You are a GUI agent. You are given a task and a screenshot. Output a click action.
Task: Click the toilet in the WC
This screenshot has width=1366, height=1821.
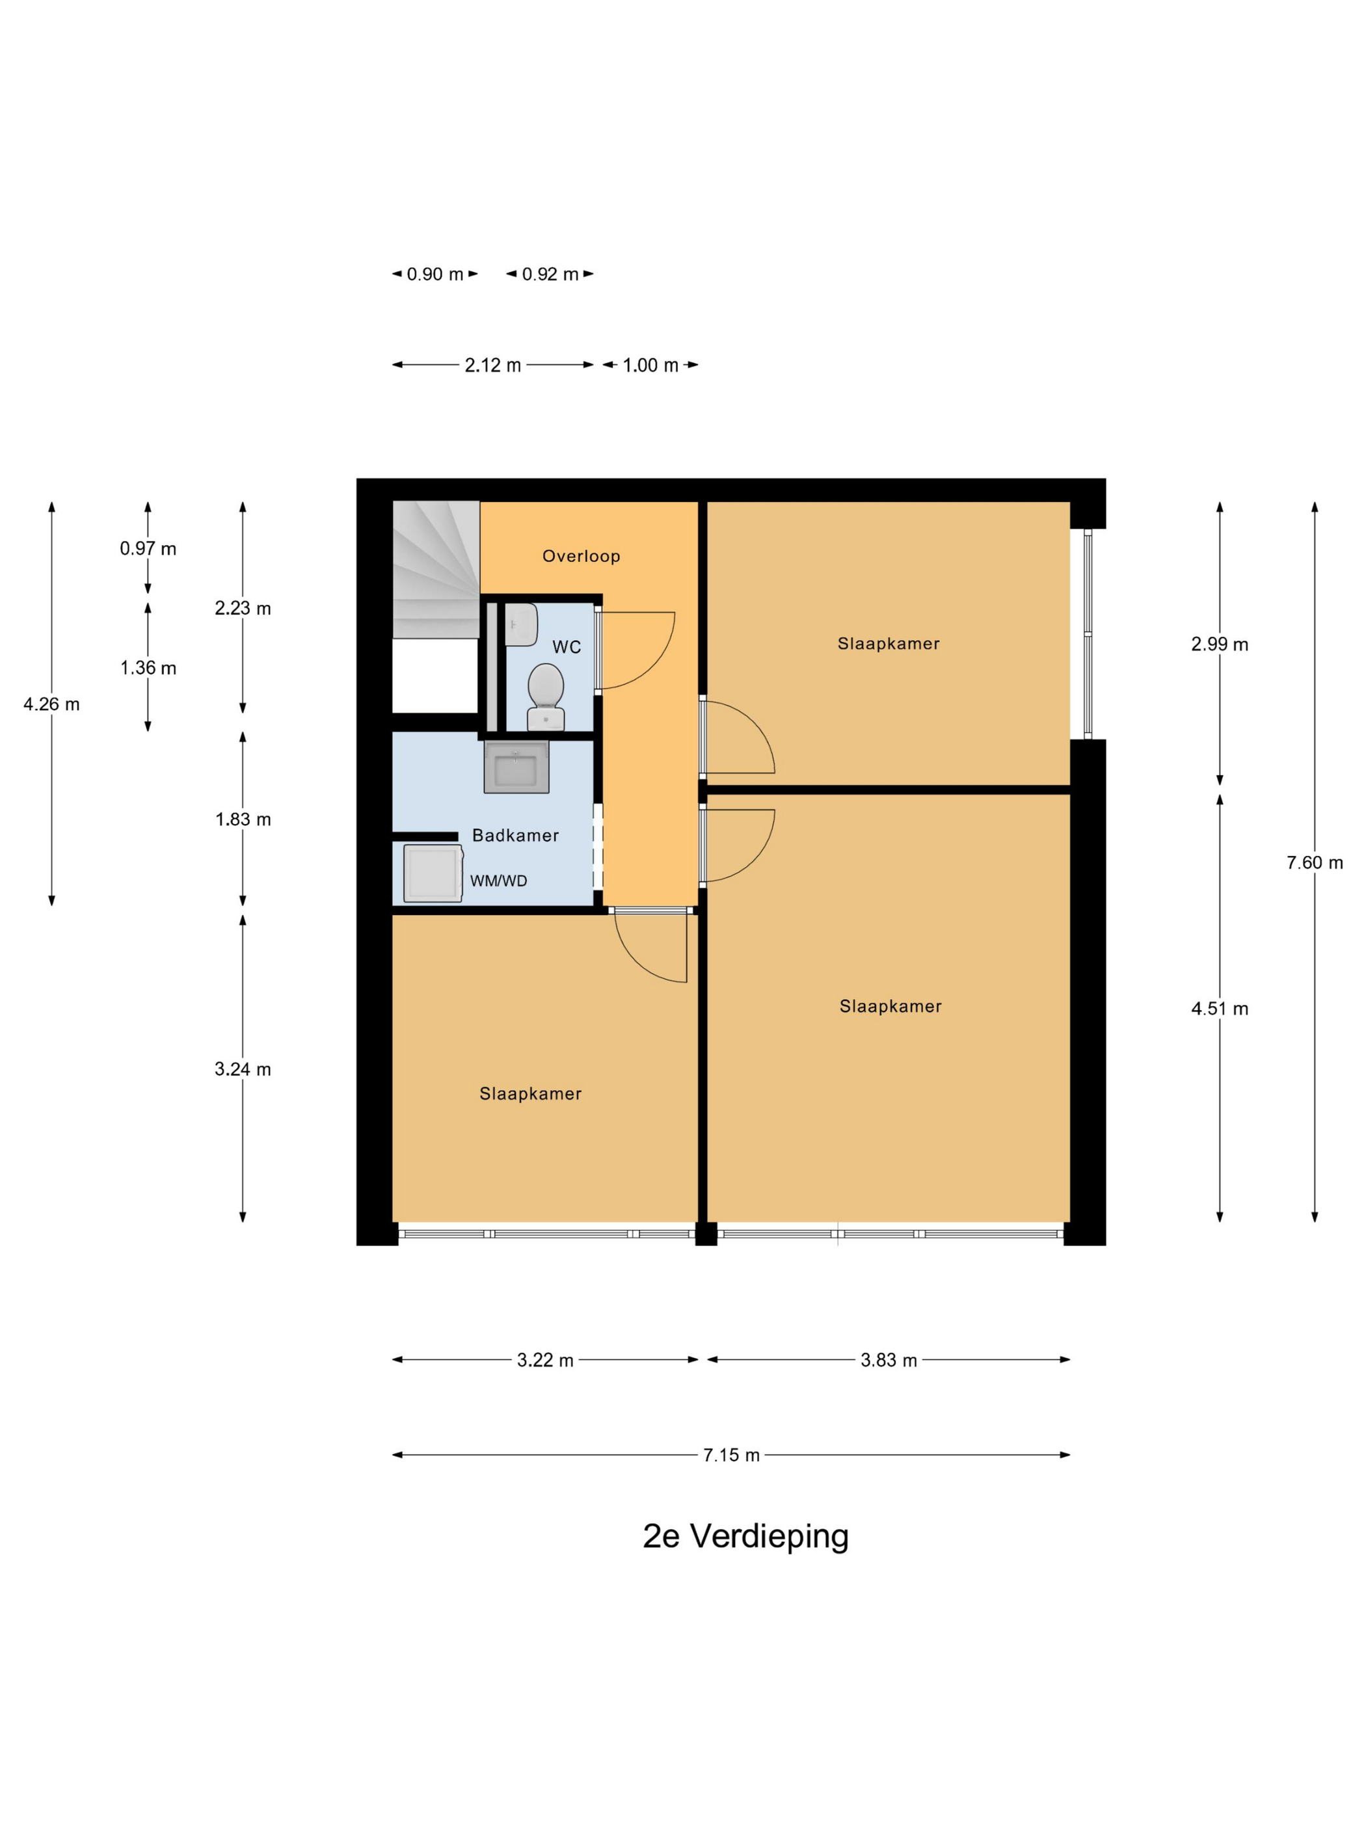coord(545,697)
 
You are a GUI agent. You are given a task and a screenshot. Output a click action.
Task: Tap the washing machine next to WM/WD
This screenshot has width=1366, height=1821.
coord(433,873)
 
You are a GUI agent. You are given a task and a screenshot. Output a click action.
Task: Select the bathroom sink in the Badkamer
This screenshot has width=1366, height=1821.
coord(516,766)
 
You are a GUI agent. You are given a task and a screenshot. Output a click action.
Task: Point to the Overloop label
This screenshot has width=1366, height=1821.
coord(580,555)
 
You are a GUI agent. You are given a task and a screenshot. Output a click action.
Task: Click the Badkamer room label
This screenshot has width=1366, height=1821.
coord(515,835)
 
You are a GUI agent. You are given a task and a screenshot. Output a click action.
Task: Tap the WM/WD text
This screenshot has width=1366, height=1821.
coord(498,881)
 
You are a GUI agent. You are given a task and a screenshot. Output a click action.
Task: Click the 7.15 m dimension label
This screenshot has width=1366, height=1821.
coord(731,1455)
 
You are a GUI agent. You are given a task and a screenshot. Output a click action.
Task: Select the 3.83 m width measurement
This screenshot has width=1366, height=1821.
coord(889,1360)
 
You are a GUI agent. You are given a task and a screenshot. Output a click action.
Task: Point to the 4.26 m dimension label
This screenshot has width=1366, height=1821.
coord(52,704)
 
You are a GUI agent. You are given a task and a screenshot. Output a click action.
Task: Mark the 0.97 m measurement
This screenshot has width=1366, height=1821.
coord(148,548)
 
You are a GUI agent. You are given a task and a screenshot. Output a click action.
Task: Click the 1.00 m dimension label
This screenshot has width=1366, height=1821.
coord(650,366)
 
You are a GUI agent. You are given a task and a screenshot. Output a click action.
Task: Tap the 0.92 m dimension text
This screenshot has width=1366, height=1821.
coord(550,274)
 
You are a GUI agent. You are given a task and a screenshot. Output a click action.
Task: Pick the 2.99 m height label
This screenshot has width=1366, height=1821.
coord(1220,644)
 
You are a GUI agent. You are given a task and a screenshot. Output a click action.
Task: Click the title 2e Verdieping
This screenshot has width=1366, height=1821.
coord(745,1536)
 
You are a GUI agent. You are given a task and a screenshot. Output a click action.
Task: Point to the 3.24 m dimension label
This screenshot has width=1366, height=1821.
coord(243,1069)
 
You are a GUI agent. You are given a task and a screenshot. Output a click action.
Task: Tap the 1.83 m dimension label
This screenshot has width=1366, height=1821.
coord(243,819)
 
